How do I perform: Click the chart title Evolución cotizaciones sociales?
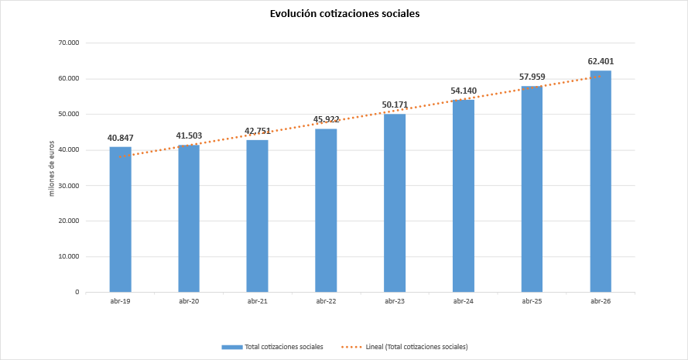coord(344,14)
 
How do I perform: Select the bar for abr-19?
coord(120,220)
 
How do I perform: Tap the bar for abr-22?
coord(326,211)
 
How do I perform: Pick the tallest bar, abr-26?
coord(601,181)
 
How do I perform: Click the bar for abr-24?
coord(464,196)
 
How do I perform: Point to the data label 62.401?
coord(601,61)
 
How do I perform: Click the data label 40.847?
coord(120,138)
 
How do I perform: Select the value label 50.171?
coord(395,105)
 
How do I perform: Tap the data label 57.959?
coord(532,77)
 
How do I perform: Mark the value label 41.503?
coord(189,135)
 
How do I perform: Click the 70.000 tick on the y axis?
coord(68,43)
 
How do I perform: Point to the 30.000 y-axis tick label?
coord(68,185)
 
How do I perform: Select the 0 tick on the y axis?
coord(77,292)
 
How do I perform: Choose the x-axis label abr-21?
coord(258,301)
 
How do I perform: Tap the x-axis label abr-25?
coord(532,301)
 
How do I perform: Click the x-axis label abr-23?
coord(395,301)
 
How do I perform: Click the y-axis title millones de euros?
coord(51,169)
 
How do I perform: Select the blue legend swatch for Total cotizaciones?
coord(231,347)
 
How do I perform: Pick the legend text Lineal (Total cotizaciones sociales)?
coord(417,347)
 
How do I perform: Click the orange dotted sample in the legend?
coord(351,347)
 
